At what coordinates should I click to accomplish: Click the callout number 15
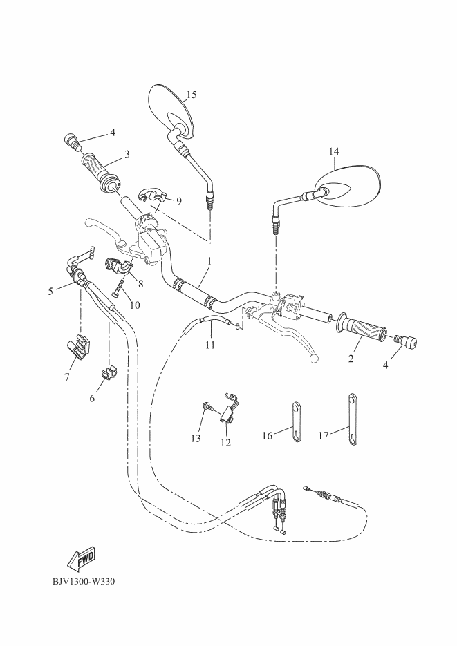point(192,94)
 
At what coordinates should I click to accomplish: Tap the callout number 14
point(334,150)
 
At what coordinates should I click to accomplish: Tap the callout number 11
point(209,344)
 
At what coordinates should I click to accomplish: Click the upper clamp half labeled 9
point(153,196)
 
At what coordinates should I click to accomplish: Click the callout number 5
point(50,292)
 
